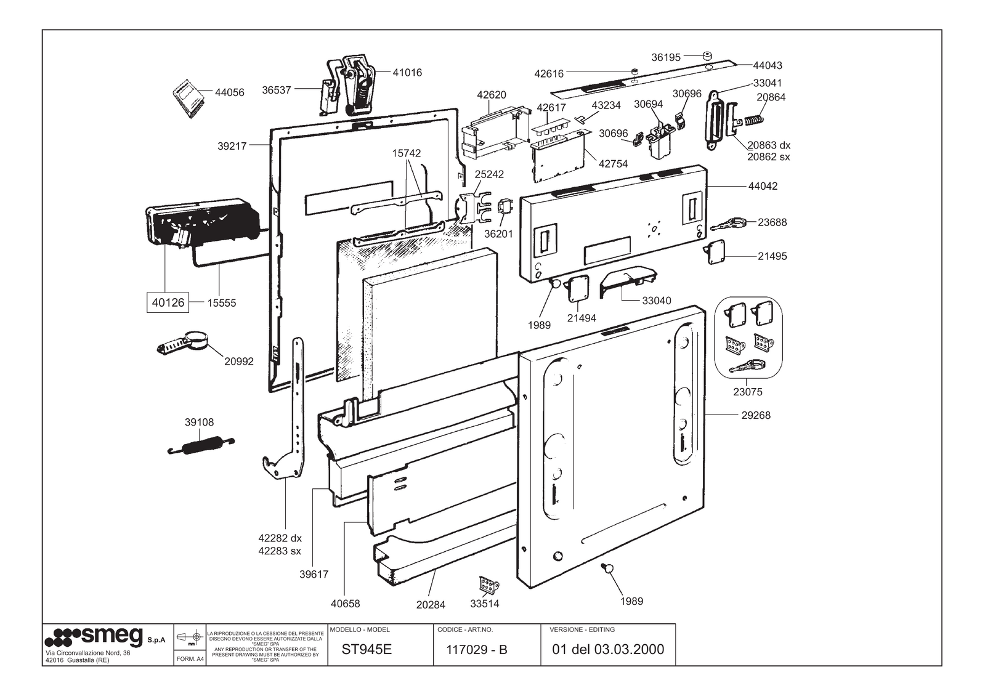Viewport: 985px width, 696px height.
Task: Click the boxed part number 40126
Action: [x=168, y=302]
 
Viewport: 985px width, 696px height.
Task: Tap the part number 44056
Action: [x=229, y=92]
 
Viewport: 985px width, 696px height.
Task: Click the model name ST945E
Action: [x=367, y=649]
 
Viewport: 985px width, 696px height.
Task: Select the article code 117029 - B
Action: [x=476, y=649]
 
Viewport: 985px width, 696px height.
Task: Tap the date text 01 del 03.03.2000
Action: [x=608, y=649]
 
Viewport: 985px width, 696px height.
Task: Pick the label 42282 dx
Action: [x=280, y=538]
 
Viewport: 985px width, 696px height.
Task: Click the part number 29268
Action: [x=755, y=415]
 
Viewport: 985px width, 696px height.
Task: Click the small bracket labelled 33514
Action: [x=488, y=583]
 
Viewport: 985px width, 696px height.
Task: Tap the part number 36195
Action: [x=665, y=57]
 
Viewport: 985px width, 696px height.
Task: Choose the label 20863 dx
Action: [x=768, y=145]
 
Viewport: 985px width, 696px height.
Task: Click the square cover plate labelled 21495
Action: [x=715, y=252]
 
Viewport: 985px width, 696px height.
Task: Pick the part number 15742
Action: [x=407, y=153]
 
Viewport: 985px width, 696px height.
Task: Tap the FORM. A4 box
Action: [x=190, y=658]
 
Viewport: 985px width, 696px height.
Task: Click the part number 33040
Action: [x=656, y=301]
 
